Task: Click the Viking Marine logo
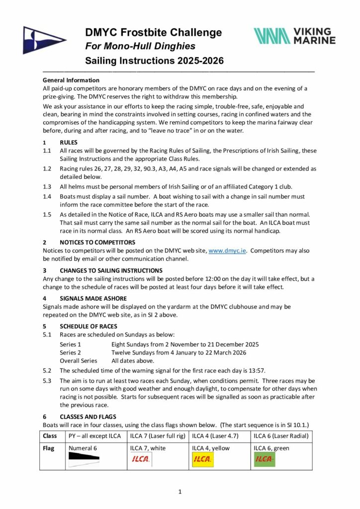click(x=294, y=35)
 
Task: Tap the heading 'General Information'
click(x=71, y=80)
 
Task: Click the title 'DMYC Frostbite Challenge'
click(x=153, y=33)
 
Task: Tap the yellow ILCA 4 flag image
click(x=202, y=459)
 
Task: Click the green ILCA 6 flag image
click(x=265, y=459)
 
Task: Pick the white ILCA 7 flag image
click(x=141, y=459)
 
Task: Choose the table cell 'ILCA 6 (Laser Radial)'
click(x=282, y=436)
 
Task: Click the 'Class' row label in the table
click(x=50, y=436)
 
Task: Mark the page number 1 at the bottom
click(x=180, y=492)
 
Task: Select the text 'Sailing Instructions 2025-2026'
click(x=154, y=61)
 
